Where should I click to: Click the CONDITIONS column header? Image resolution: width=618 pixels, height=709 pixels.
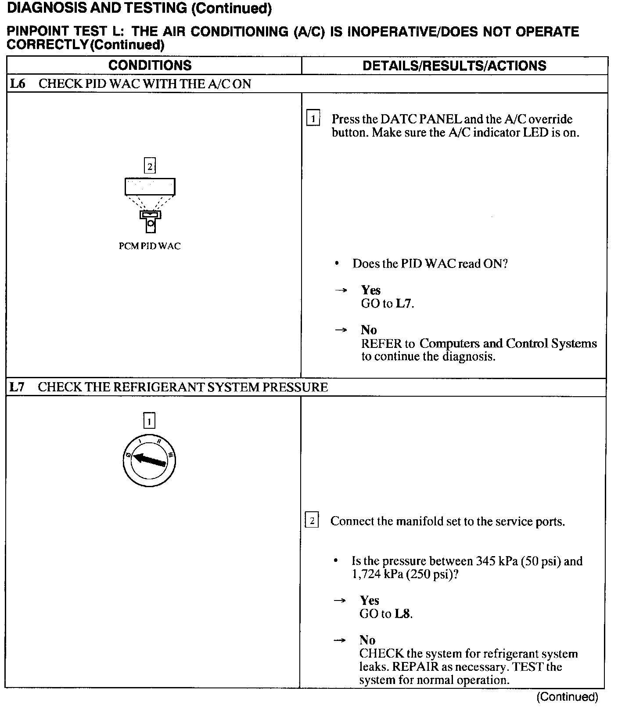(150, 65)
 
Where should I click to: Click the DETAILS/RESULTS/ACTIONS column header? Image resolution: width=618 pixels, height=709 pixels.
(454, 66)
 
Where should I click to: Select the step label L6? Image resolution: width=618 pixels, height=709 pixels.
(18, 84)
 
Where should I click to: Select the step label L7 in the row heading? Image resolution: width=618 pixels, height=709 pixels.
(17, 387)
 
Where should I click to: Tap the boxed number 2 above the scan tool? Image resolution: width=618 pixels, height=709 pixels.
(150, 166)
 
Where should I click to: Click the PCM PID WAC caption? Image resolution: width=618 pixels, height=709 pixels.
(150, 246)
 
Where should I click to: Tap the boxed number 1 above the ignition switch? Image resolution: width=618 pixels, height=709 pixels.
(149, 422)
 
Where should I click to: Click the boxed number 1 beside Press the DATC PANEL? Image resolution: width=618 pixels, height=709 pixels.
(313, 119)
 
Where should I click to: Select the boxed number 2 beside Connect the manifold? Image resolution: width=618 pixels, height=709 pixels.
(312, 521)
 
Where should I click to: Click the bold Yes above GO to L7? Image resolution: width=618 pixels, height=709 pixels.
(370, 290)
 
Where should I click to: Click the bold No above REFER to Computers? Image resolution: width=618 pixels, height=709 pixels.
(369, 330)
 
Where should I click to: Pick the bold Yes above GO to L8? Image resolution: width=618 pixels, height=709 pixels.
(370, 600)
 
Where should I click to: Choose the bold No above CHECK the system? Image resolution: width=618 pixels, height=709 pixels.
(367, 640)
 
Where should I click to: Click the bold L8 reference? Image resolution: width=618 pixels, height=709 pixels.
(402, 614)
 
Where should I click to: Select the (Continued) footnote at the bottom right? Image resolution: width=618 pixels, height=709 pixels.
(567, 697)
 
